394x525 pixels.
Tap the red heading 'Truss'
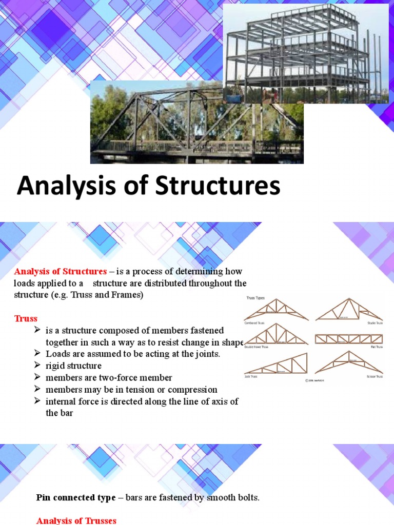pyautogui.click(x=26, y=318)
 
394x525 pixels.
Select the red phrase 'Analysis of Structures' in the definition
pyautogui.click(x=60, y=271)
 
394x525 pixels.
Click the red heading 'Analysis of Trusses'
pyautogui.click(x=76, y=520)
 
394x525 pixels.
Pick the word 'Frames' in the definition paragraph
pyautogui.click(x=128, y=295)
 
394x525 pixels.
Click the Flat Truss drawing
pyautogui.click(x=348, y=339)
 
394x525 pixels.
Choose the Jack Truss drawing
pyautogui.click(x=277, y=364)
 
